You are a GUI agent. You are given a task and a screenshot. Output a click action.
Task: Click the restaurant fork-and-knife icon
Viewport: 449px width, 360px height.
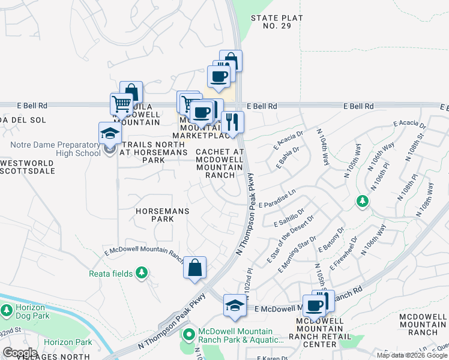pyautogui.click(x=232, y=122)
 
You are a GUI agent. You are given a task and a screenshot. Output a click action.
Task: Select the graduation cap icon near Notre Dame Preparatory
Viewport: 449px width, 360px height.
pyautogui.click(x=110, y=133)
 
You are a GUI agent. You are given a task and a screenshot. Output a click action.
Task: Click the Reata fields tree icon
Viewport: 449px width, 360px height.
pyautogui.click(x=142, y=274)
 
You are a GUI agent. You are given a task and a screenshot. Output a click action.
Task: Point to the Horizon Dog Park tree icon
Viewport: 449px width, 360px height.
pyautogui.click(x=7, y=311)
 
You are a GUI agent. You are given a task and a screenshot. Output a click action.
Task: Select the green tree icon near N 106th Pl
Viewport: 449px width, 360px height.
pyautogui.click(x=362, y=201)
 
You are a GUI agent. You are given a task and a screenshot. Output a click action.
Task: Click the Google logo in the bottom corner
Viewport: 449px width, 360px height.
pyautogui.click(x=20, y=353)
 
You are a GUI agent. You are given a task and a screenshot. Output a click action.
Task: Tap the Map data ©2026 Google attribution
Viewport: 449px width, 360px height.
pyautogui.click(x=412, y=355)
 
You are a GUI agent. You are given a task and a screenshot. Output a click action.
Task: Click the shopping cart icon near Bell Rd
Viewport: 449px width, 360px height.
pyautogui.click(x=122, y=104)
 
